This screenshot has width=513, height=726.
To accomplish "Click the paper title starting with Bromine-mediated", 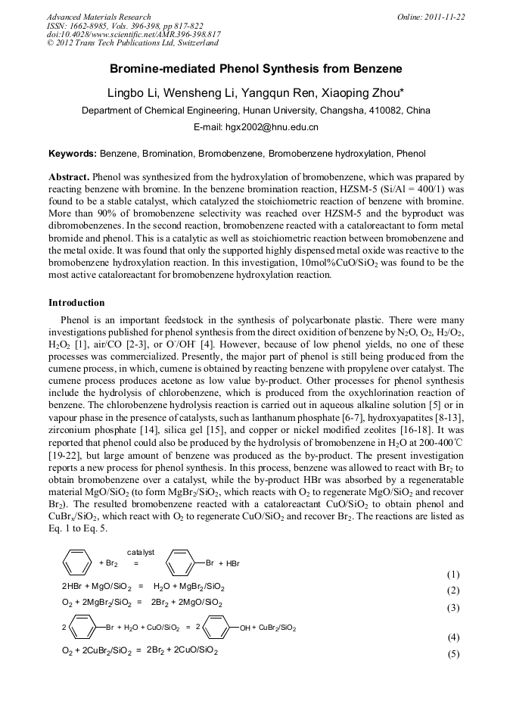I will coord(256,69).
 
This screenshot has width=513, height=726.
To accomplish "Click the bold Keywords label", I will coord(72,153).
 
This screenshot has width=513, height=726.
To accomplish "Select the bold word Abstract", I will coord(69,175).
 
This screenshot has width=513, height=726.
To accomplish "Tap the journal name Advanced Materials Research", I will coord(98,17).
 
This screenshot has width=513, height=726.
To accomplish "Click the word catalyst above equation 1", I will coord(141,552).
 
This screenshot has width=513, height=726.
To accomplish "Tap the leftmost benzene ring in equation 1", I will coord(78,563).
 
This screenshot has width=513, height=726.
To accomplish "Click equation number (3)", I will coord(452,607).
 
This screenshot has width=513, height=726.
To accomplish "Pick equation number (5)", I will coord(452,654).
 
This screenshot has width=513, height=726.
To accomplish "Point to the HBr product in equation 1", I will coord(232,564).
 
